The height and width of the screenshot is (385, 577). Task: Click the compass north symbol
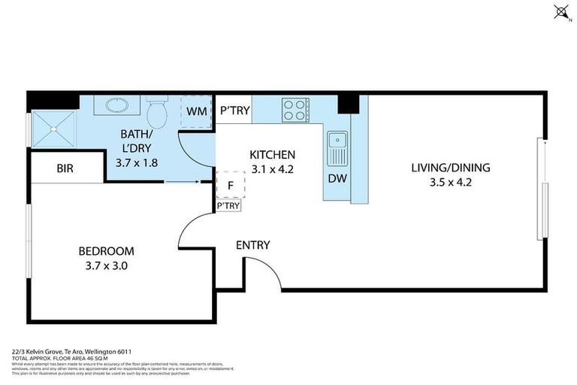pos(559,11)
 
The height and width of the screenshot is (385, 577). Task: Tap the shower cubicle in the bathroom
pos(54,128)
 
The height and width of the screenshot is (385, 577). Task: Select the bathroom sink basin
pos(117,105)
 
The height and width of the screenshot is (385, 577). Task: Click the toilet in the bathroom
pos(156,113)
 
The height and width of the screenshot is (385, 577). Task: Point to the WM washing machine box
pos(196,111)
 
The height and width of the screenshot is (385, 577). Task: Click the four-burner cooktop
pos(295,111)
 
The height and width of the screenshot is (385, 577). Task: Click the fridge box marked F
pos(229,183)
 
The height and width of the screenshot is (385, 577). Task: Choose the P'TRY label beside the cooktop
pos(234,111)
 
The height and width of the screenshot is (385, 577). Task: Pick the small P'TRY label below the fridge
pos(228,205)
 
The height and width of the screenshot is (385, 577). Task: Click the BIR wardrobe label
pos(65,168)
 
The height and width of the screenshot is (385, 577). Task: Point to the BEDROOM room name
pos(106,251)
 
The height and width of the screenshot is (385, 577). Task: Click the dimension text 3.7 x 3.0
pos(106,265)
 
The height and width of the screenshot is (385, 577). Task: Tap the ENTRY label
pos(252,245)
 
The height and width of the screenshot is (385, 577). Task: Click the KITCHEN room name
pos(271,155)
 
